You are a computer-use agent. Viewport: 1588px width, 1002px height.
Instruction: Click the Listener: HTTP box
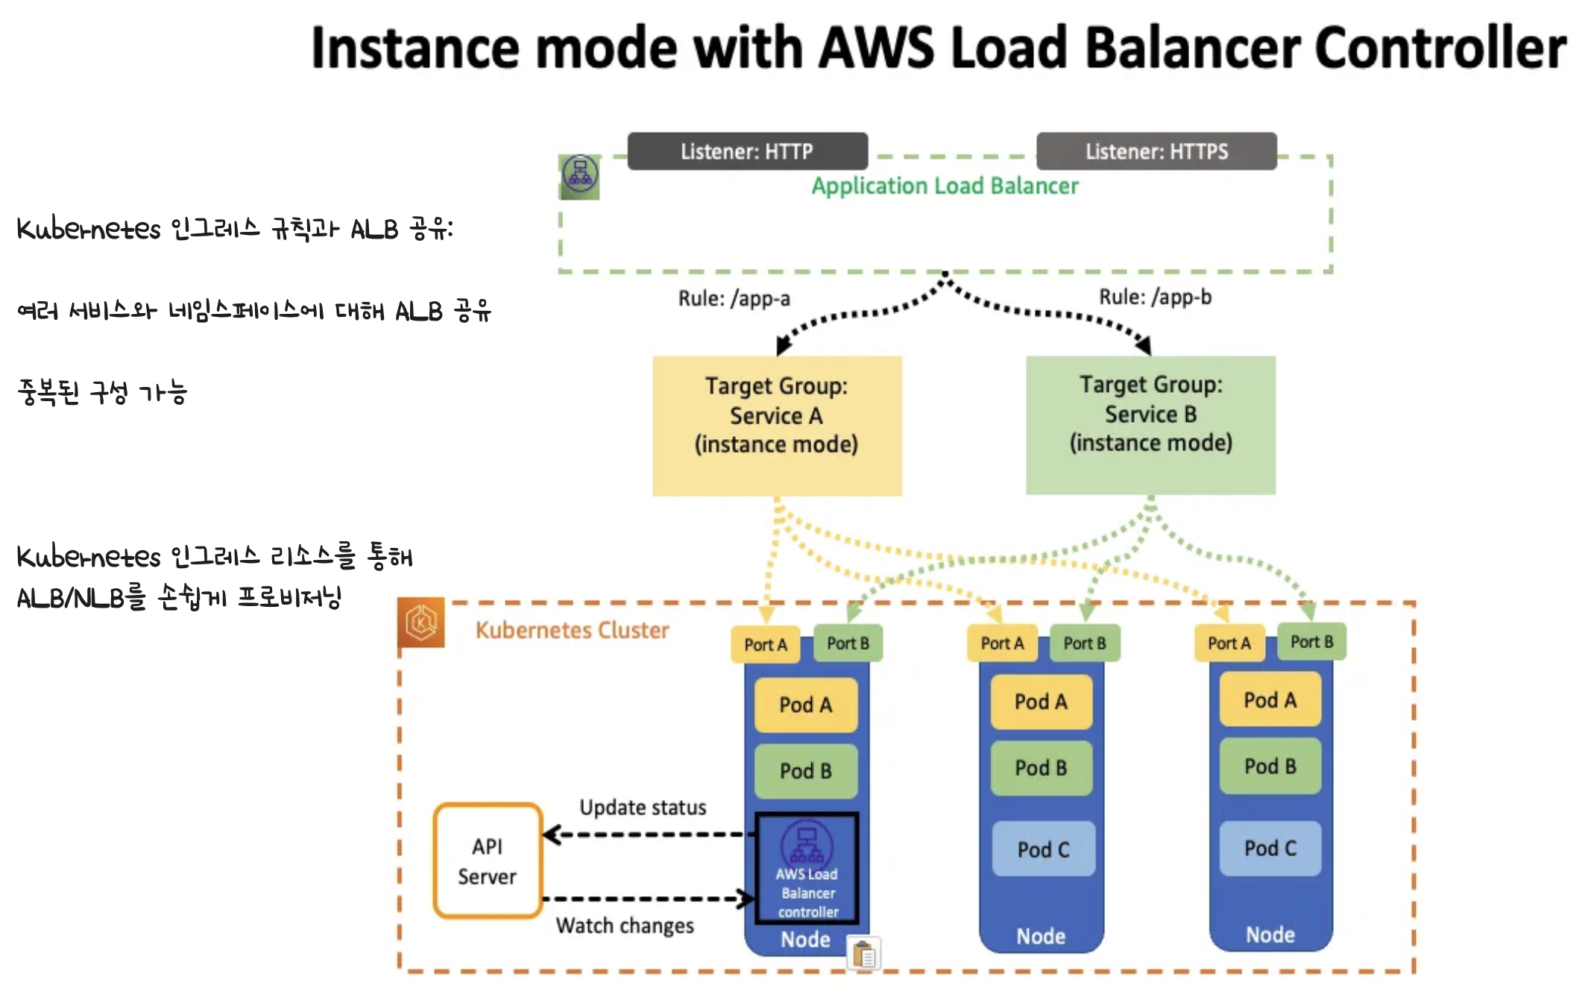tap(747, 151)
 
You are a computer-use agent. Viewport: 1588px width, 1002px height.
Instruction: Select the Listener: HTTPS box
tap(1156, 151)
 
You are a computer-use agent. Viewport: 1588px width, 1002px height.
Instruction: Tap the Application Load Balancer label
tap(945, 186)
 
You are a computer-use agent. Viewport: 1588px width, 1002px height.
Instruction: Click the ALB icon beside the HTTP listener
tap(579, 176)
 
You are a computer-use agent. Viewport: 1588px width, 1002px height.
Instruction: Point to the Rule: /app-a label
tap(734, 298)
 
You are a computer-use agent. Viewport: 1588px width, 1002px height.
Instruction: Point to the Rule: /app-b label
tap(1155, 297)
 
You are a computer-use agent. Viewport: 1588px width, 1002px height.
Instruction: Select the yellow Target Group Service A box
tap(777, 426)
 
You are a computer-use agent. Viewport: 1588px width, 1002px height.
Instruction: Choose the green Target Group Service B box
tap(1150, 425)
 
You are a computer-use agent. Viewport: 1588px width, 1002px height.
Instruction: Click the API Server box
tap(488, 861)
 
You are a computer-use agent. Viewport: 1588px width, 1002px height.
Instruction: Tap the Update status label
tap(643, 807)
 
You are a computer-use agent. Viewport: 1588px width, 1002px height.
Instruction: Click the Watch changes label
tap(625, 925)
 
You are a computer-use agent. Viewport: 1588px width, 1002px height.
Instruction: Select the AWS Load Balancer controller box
tap(807, 869)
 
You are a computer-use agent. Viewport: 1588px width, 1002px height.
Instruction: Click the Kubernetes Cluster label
tap(572, 630)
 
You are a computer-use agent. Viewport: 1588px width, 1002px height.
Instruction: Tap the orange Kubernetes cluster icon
tap(421, 623)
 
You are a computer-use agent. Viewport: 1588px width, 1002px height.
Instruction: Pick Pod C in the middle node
tap(1043, 849)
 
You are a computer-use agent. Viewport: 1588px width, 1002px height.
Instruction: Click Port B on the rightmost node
tap(1311, 642)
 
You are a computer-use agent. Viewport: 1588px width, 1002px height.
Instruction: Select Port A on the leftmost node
tap(766, 645)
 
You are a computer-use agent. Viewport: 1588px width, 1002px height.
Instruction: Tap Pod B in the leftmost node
tap(805, 770)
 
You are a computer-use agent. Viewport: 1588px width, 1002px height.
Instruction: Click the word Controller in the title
tap(1440, 48)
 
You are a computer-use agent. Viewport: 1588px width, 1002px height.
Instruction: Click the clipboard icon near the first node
tap(864, 954)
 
